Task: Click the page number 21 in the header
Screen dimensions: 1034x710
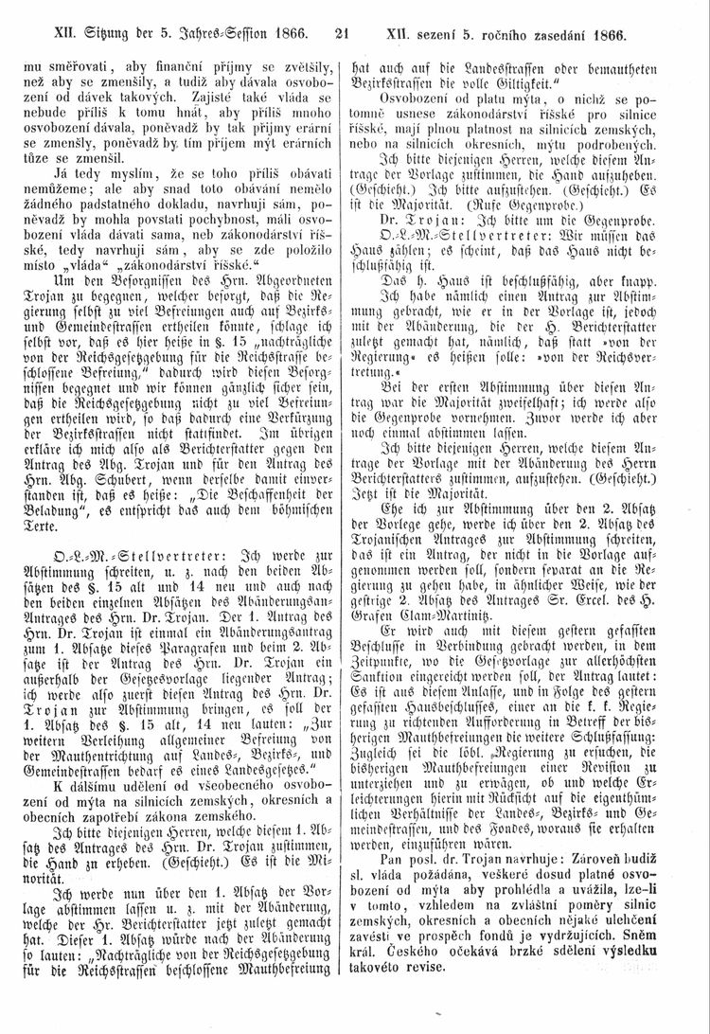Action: pyautogui.click(x=343, y=36)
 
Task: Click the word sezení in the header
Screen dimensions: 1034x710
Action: pyautogui.click(x=443, y=36)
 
